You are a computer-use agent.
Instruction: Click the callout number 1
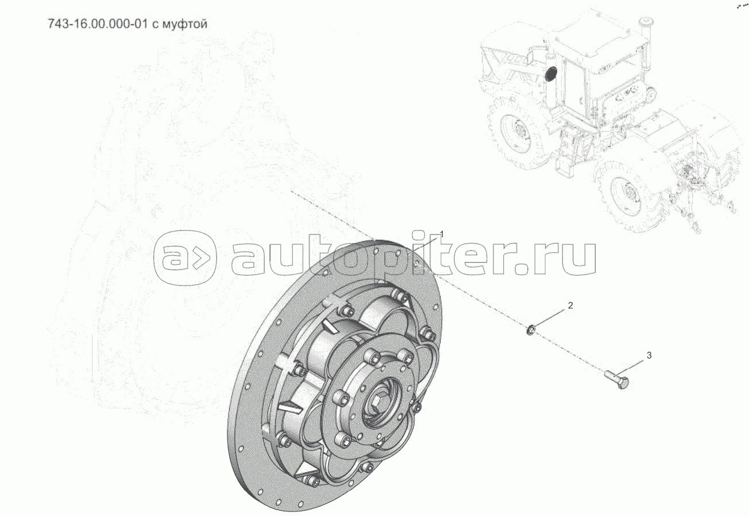tap(442, 233)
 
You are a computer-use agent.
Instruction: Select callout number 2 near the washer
tap(570, 305)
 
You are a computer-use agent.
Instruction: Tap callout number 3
tap(649, 356)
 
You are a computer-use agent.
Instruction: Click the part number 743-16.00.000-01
tap(98, 24)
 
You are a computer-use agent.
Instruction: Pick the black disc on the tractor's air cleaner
tap(550, 74)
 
